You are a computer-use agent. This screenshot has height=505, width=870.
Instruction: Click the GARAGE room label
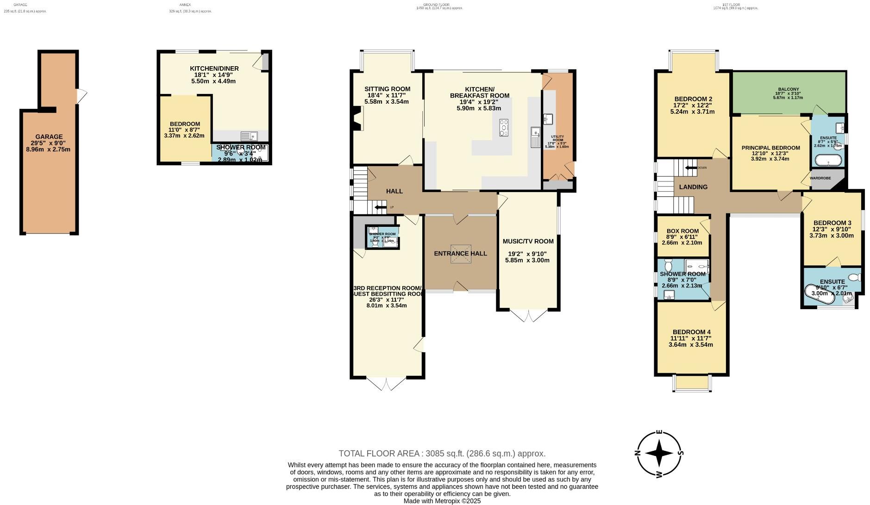click(49, 137)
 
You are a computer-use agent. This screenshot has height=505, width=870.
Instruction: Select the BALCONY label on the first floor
click(788, 89)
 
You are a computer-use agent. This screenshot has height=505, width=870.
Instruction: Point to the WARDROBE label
click(820, 178)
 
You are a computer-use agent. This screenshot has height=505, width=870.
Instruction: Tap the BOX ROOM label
click(682, 231)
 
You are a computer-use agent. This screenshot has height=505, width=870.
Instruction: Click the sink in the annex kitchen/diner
click(249, 136)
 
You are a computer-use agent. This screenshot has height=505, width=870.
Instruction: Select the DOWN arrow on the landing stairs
click(691, 168)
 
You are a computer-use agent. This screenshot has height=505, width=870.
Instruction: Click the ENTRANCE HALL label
click(460, 253)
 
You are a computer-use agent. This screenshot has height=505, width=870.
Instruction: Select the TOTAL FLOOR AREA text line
click(442, 454)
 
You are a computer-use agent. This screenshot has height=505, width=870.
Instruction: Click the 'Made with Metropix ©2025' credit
click(442, 501)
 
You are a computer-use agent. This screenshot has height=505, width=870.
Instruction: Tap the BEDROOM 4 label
click(691, 332)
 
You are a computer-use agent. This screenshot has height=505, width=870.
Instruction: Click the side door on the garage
click(81, 96)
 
